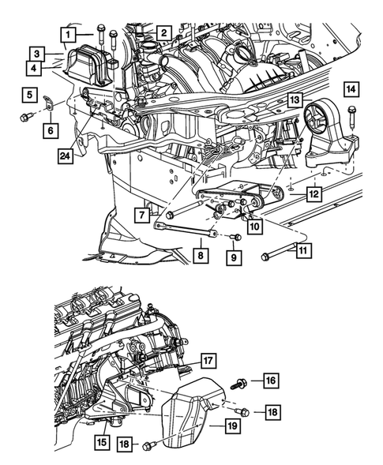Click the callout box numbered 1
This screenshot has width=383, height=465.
69,34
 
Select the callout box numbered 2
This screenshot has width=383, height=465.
163,33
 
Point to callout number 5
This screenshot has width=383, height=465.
28,96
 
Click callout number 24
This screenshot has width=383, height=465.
65,157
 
